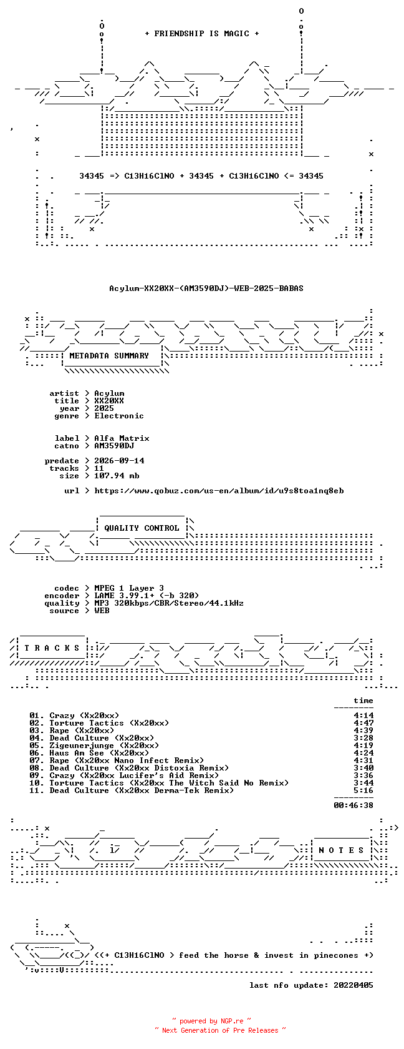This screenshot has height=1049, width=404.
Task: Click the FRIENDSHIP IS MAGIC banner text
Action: pyautogui.click(x=202, y=34)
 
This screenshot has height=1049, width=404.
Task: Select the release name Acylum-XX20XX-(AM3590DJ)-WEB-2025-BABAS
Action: pyautogui.click(x=206, y=288)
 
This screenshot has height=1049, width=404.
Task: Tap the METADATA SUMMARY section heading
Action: pyautogui.click(x=109, y=356)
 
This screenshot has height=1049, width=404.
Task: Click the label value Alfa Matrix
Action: pyautogui.click(x=122, y=438)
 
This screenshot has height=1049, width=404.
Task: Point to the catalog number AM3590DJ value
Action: pyautogui.click(x=114, y=446)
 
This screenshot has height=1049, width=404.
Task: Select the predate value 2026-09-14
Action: pyautogui.click(x=119, y=461)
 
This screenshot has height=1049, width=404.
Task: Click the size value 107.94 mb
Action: pyautogui.click(x=117, y=476)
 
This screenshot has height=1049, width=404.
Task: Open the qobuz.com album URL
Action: pyautogui.click(x=219, y=491)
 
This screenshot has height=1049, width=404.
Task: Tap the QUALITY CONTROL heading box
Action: pyautogui.click(x=142, y=528)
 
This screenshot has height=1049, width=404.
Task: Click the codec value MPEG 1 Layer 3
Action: pyautogui.click(x=129, y=588)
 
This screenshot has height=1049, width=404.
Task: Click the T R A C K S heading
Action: pyautogui.click(x=52, y=648)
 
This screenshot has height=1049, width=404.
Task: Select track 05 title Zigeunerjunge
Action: pyautogui.click(x=82, y=746)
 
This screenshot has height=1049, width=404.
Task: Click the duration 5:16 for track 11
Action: pyautogui.click(x=363, y=790)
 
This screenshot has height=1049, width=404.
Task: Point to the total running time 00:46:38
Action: pyautogui.click(x=353, y=805)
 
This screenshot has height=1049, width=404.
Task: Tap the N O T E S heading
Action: pyautogui.click(x=342, y=850)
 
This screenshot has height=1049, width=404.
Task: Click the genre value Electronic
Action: pyautogui.click(x=119, y=416)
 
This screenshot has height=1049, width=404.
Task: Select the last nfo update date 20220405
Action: pyautogui.click(x=353, y=985)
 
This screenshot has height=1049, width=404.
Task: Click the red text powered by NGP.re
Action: pyautogui.click(x=211, y=1021)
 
